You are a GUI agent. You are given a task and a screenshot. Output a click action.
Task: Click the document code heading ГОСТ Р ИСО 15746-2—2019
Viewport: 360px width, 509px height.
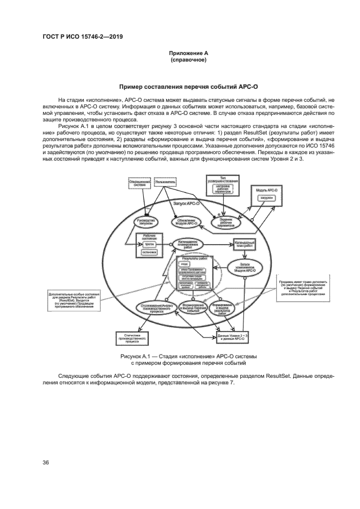tap(82, 36)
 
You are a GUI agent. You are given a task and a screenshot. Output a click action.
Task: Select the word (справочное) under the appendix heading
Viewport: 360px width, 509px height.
tap(188, 60)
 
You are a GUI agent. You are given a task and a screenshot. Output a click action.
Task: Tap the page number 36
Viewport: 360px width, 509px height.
tap(46, 463)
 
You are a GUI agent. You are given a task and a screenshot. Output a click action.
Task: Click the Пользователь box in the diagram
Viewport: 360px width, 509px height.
tap(166, 182)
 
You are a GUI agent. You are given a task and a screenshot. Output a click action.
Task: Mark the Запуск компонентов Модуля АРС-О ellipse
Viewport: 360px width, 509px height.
tap(244, 267)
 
